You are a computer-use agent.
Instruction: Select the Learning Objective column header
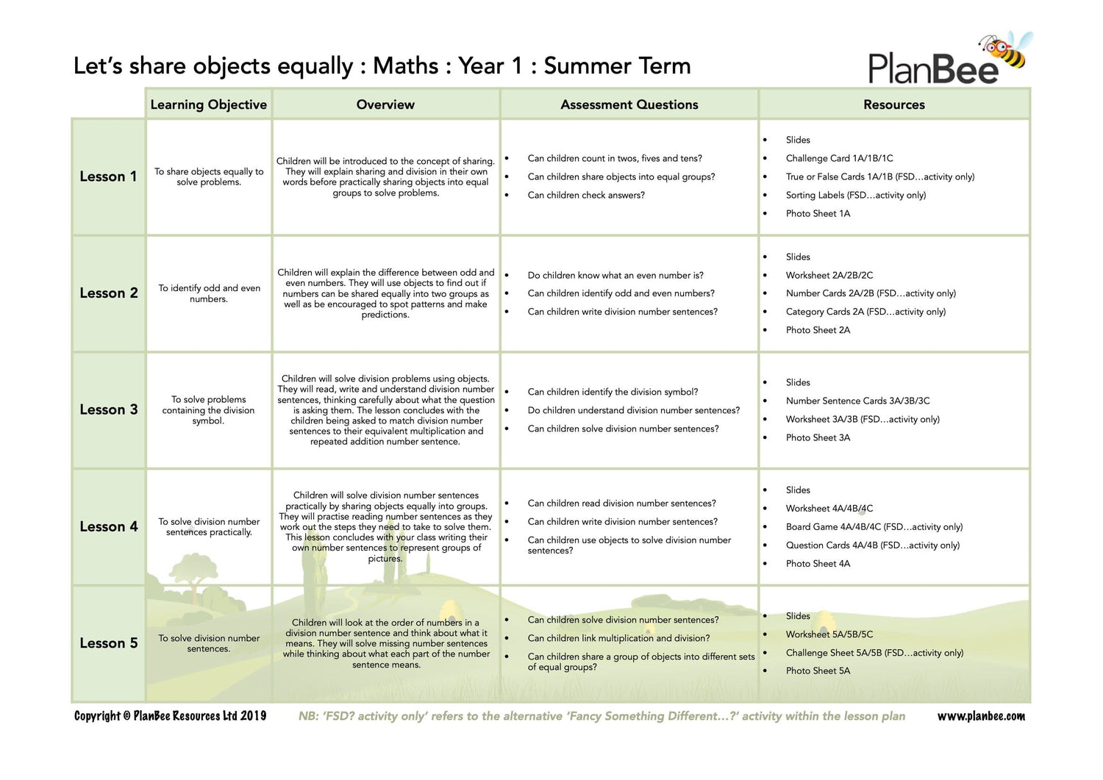[208, 104]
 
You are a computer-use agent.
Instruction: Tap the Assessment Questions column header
[629, 104]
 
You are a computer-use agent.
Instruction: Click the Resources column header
[893, 104]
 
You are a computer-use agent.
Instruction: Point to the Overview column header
[385, 104]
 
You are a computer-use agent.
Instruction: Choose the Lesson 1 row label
[108, 176]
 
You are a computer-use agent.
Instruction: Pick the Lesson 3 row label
[108, 409]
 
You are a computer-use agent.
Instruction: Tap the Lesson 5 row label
[108, 643]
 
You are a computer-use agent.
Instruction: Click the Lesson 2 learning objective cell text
[209, 293]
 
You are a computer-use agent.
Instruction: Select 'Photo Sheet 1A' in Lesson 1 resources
[818, 213]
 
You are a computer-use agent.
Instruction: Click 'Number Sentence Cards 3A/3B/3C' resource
[857, 401]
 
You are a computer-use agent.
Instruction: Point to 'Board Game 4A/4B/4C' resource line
[874, 526]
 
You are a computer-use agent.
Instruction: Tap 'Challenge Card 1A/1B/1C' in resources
[839, 158]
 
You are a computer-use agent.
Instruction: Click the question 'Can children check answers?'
[586, 195]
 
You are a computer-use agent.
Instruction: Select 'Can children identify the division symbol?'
[613, 392]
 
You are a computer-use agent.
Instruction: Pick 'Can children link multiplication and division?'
[618, 638]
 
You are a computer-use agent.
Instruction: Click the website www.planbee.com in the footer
[981, 716]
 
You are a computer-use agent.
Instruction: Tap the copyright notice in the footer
[170, 716]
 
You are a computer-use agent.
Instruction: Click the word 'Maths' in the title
[405, 66]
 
